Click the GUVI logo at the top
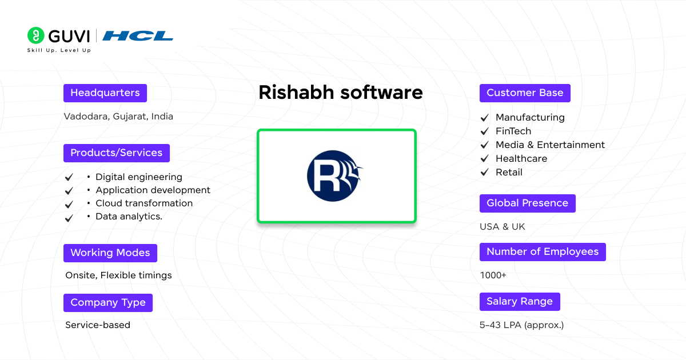[58, 36]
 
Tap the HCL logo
[138, 36]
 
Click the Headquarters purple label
[105, 93]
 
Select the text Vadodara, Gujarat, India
[118, 117]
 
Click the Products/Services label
[116, 153]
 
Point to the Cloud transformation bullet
[143, 203]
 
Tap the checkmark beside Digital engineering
[69, 178]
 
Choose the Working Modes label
[110, 253]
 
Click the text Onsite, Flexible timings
[118, 275]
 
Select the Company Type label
[107, 303]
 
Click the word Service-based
[98, 325]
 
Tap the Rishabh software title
[340, 93]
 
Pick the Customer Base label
[524, 93]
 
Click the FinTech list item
[513, 131]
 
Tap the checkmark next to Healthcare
[485, 159]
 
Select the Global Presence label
[527, 203]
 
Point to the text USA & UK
[502, 227]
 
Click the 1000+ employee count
[493, 275]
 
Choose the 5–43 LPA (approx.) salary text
[521, 325]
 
